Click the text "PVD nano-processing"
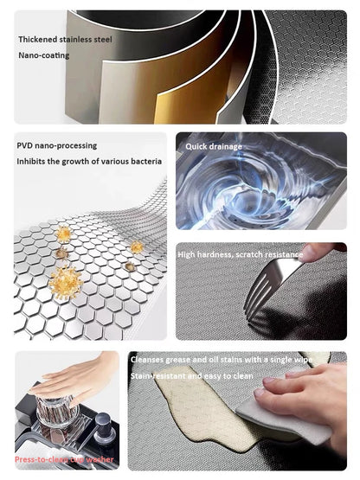57,145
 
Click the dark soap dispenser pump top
101,424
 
